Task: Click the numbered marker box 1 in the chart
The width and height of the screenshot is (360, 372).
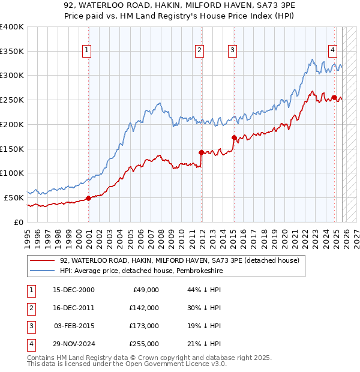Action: [x=88, y=51]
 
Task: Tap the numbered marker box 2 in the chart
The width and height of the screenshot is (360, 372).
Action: [x=199, y=51]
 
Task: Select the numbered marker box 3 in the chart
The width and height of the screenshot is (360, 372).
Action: [x=232, y=51]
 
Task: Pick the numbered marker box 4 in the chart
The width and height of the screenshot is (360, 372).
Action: [x=332, y=51]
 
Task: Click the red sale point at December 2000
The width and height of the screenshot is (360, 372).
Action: [x=88, y=197]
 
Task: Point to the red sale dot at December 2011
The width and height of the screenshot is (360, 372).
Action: [x=201, y=152]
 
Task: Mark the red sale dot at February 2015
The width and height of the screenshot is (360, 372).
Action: [x=234, y=137]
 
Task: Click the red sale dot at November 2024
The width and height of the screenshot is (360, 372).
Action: [x=334, y=97]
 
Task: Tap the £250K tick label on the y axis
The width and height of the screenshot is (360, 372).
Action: [x=12, y=100]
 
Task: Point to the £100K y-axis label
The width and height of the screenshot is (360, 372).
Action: [x=12, y=173]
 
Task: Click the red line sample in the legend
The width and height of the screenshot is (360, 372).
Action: [x=43, y=261]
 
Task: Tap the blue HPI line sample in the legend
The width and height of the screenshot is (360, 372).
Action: [x=43, y=271]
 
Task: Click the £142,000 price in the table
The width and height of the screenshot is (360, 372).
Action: [x=144, y=308]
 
